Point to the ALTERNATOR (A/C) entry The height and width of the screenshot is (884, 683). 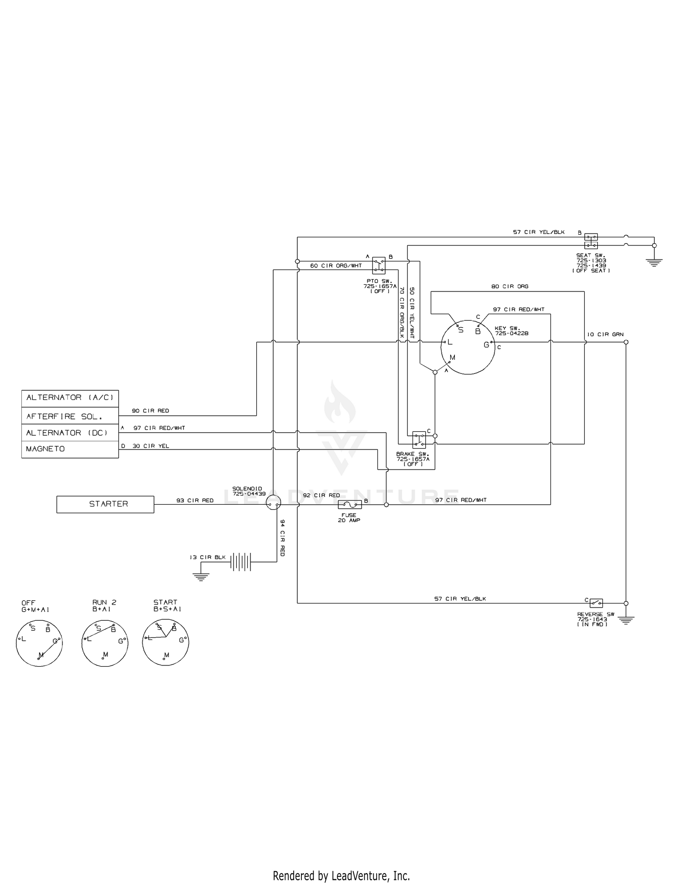[70, 398]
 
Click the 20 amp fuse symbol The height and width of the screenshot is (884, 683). [350, 504]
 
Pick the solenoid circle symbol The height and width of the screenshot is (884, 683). [273, 503]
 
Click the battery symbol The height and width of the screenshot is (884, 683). [241, 562]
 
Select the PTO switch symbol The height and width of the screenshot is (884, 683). [379, 265]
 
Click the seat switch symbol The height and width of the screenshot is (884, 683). [591, 241]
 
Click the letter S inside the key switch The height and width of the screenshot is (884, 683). [461, 330]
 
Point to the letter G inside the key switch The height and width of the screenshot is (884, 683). [486, 345]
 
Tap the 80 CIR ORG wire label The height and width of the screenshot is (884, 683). [510, 286]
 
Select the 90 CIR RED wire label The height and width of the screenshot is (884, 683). [150, 411]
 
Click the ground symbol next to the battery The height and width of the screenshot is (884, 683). [200, 576]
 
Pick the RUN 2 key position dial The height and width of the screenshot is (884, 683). [105, 643]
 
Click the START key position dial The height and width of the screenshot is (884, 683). [166, 643]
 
